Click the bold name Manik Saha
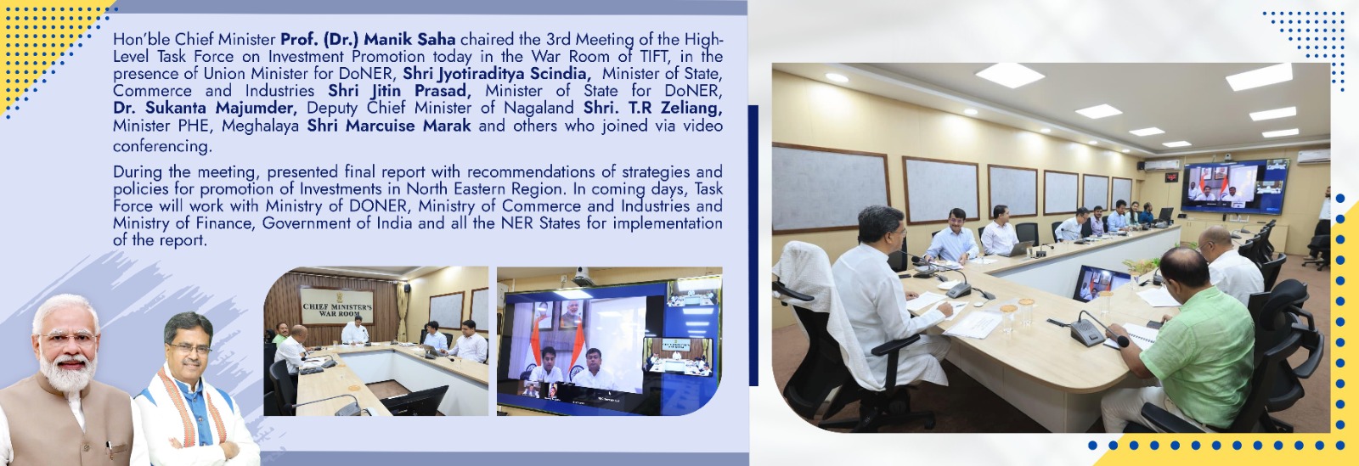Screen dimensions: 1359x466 tap(409, 39)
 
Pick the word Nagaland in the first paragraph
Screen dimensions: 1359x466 tap(544, 108)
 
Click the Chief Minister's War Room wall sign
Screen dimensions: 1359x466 tap(336, 306)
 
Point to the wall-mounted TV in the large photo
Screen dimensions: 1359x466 tap(1235, 185)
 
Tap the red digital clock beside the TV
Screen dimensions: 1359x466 tap(1171, 177)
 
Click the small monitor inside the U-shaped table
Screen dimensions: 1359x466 tap(1101, 284)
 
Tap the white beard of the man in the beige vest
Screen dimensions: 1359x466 tap(68, 369)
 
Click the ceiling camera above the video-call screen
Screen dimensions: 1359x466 tap(583, 277)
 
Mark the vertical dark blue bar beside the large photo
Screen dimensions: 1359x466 tap(753, 245)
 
